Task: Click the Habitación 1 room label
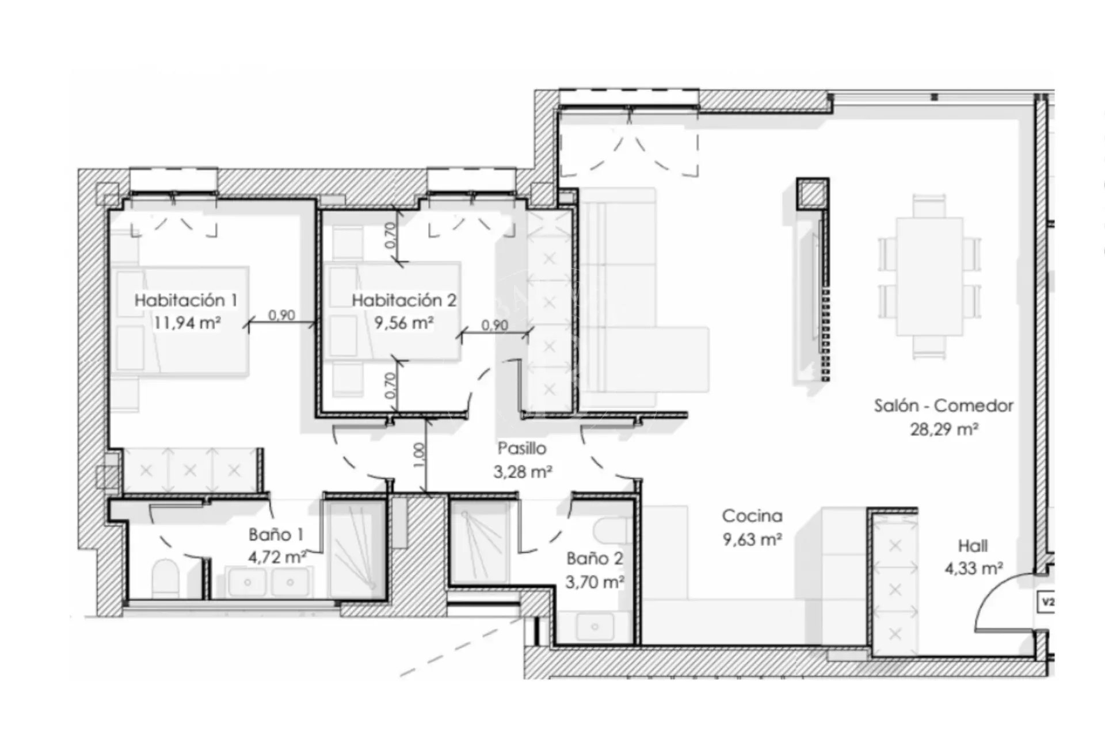click(186, 300)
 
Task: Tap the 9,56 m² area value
click(403, 323)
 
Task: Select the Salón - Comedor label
click(944, 406)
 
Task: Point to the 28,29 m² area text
click(944, 429)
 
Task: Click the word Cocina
click(752, 516)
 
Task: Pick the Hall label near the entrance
click(973, 545)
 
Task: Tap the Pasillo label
click(522, 448)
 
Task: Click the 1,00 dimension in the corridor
click(419, 454)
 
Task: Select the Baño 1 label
click(276, 534)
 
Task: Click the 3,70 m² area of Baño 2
click(595, 582)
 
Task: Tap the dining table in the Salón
click(929, 277)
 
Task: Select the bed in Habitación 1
click(180, 320)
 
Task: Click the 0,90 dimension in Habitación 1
click(281, 315)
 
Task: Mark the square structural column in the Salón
click(813, 194)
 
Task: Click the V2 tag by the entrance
click(1047, 602)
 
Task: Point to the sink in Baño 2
click(595, 627)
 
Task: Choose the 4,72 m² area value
click(277, 557)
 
